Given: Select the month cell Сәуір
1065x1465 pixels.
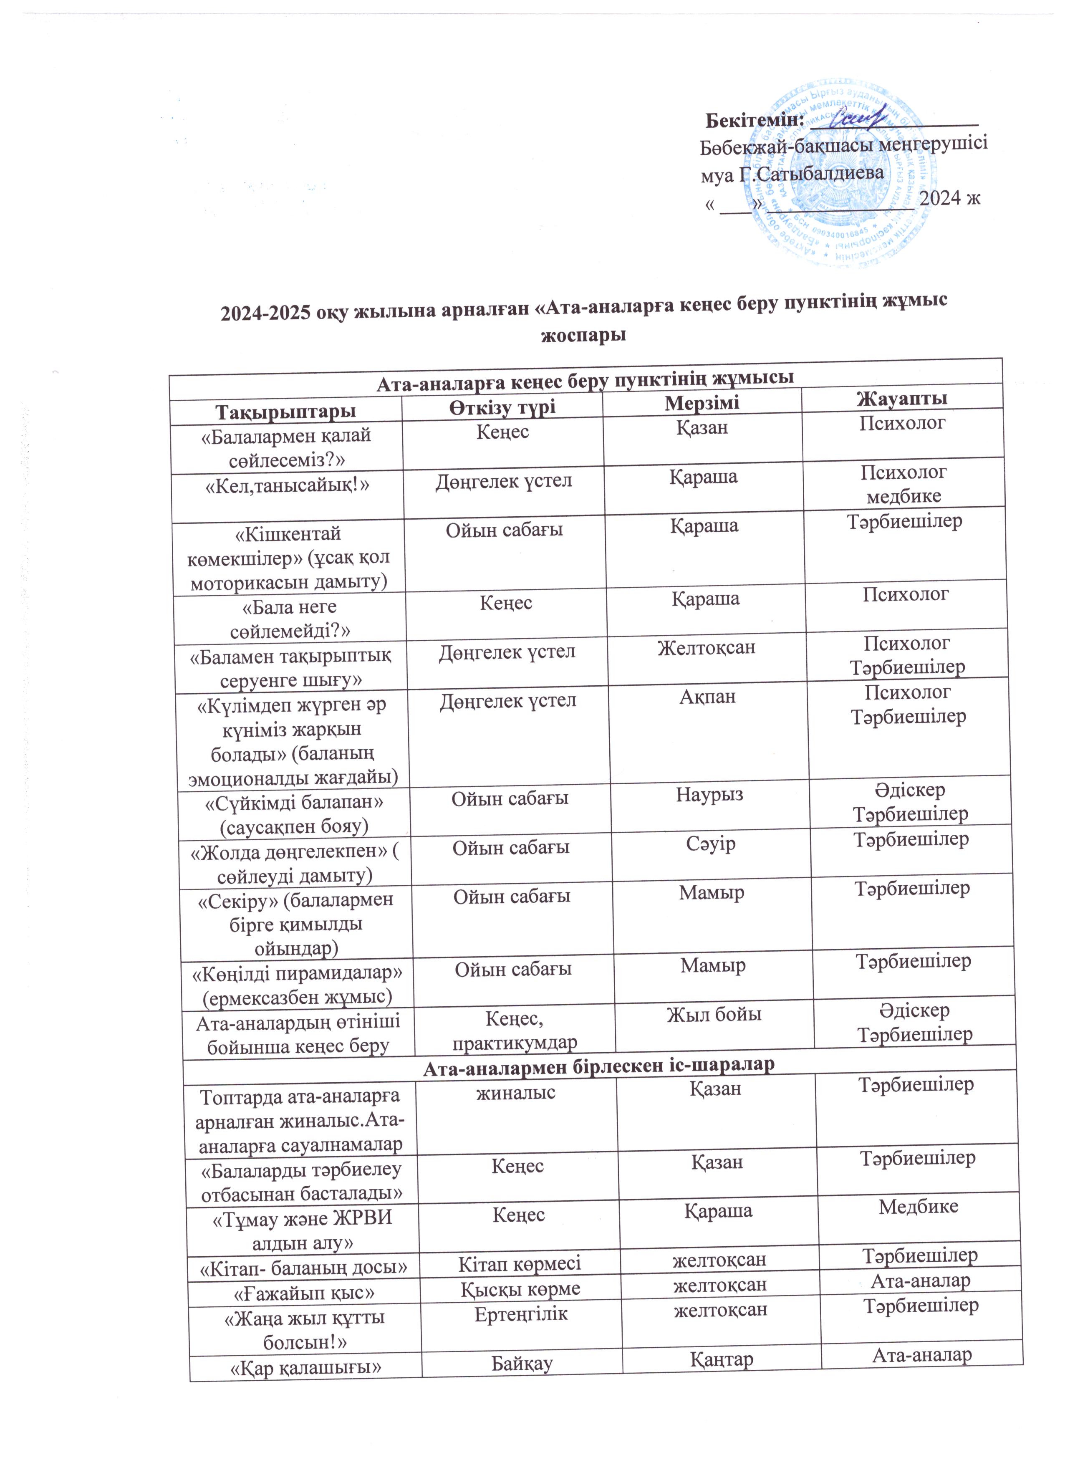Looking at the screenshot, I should pyautogui.click(x=711, y=844).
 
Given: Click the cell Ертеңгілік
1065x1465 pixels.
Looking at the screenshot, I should pyautogui.click(x=521, y=1314).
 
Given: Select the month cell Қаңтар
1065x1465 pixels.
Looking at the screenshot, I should pyautogui.click(x=722, y=1360).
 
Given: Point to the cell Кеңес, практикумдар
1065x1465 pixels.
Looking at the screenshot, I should pyautogui.click(x=514, y=1030).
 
